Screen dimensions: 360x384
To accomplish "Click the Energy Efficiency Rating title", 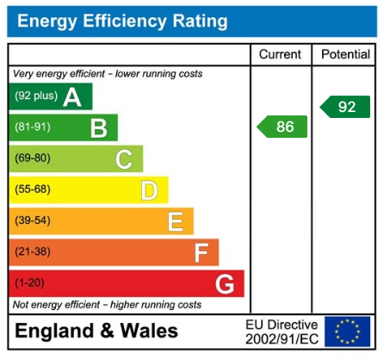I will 122,21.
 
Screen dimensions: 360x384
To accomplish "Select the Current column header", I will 280,54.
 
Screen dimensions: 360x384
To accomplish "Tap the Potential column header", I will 345,54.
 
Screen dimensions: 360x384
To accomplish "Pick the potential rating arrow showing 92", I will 344,107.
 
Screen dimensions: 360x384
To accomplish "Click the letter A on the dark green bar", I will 72,97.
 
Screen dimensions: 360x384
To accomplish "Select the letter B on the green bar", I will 99,128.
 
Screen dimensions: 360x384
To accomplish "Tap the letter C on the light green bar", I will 124,159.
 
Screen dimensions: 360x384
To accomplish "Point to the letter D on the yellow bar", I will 149,190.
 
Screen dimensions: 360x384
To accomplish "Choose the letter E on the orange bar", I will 175,221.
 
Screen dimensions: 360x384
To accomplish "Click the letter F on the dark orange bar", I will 201,252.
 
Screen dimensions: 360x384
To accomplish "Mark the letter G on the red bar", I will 225,283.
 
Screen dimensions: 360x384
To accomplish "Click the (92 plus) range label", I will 34,96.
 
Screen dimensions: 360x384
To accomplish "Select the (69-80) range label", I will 33,158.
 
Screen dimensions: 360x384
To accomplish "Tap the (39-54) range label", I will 33,220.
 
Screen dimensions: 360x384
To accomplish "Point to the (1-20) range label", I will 29,282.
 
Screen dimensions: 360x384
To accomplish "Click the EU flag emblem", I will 347,331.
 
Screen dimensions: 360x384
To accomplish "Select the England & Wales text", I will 96,332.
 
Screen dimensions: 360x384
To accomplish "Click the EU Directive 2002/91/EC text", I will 282,332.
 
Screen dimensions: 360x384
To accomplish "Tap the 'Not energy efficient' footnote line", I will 107,305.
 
